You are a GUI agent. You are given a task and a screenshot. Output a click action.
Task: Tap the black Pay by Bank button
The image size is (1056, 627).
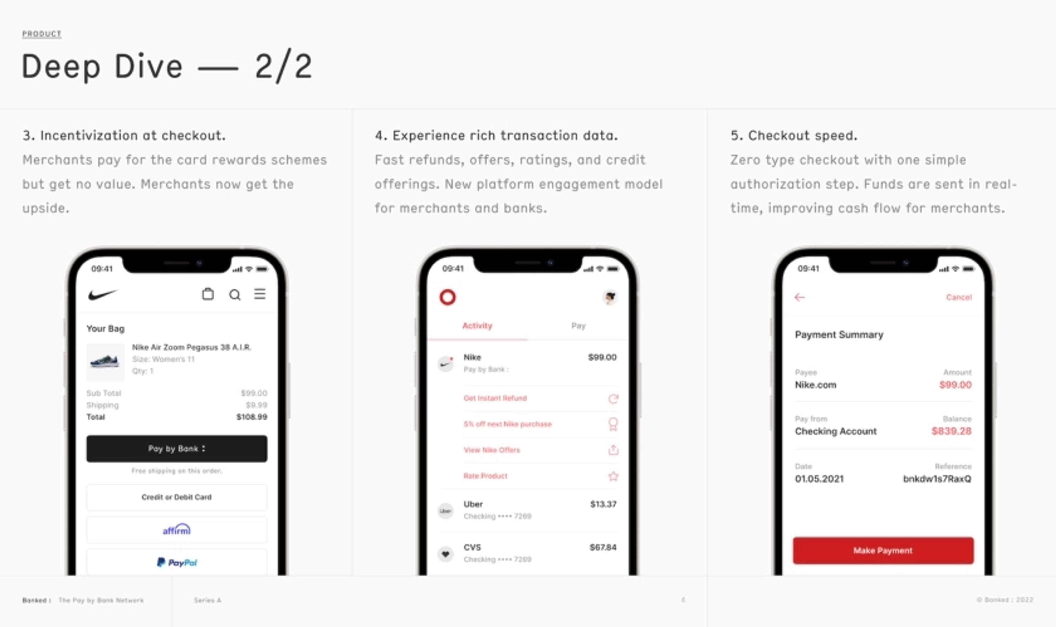click(177, 448)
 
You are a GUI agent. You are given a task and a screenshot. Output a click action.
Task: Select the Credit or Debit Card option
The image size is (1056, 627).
click(177, 497)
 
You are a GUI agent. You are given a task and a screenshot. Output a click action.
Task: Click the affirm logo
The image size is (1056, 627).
click(177, 529)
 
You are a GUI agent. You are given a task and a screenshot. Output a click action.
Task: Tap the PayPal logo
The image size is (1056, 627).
click(177, 562)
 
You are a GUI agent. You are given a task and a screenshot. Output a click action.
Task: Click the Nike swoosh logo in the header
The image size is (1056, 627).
click(102, 294)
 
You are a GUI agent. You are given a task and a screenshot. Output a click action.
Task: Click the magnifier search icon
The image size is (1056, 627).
click(235, 294)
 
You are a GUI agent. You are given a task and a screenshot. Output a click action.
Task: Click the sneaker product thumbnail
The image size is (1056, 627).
click(105, 362)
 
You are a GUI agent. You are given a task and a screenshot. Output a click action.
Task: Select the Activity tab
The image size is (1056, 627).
click(477, 326)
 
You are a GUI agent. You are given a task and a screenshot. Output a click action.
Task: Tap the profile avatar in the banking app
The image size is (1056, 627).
click(610, 297)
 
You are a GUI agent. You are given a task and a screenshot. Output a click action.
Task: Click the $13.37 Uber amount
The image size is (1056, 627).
click(603, 504)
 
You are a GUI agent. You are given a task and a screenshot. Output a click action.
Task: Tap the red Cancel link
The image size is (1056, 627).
click(958, 297)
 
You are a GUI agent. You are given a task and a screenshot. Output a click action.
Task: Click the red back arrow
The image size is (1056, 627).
click(799, 297)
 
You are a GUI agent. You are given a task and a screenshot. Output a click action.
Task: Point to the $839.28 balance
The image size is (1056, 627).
click(951, 431)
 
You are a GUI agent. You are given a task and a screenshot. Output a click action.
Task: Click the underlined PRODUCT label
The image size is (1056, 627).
click(42, 34)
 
